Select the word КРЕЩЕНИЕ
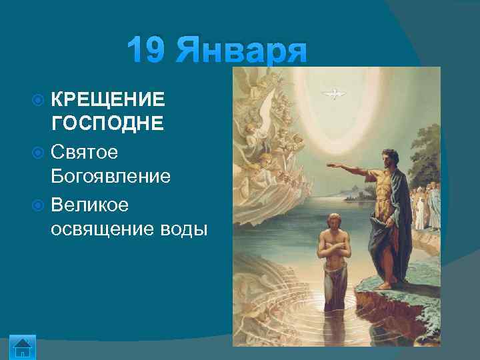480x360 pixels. point(107,100)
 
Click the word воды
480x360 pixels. point(181,229)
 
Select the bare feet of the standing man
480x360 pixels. point(385,285)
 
